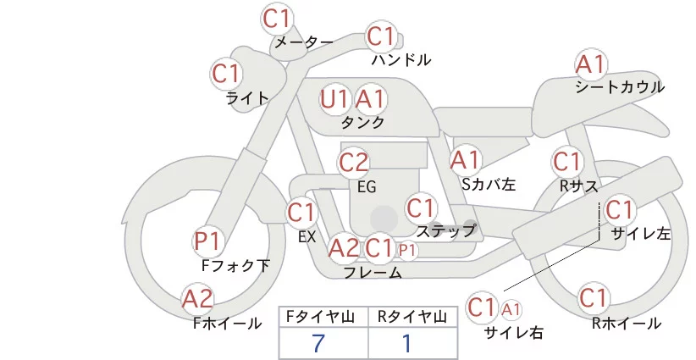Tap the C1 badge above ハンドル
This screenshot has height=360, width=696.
[x=381, y=37]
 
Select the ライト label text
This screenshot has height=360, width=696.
[x=247, y=97]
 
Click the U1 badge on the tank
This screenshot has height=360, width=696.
[x=335, y=99]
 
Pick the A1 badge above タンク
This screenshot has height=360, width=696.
[x=370, y=99]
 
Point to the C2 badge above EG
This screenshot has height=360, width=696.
[x=354, y=162]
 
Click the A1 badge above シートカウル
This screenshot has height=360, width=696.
[x=590, y=64]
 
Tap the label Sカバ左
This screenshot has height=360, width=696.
[x=489, y=183]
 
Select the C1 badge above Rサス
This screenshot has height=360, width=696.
[x=566, y=161]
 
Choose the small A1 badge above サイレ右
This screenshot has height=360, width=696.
[x=512, y=309]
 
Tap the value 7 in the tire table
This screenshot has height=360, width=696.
[x=318, y=343]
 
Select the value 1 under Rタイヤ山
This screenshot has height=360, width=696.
[x=406, y=343]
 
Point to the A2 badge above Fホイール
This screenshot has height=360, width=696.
[x=198, y=299]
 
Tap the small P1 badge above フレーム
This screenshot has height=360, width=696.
[x=407, y=250]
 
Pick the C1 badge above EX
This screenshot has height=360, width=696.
[x=301, y=212]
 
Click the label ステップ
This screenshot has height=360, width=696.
[x=446, y=230]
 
